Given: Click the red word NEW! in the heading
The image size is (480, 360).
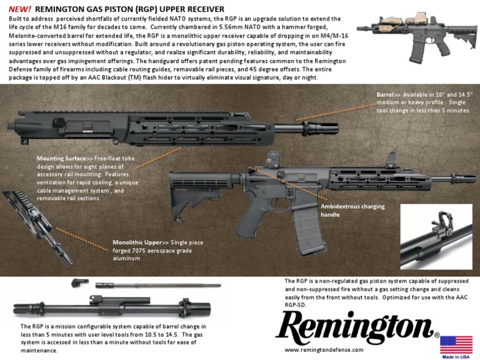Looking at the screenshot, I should click(20, 9).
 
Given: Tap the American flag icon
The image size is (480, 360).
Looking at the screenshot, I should click(456, 345).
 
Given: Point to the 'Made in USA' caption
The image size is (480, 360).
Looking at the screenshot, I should click(456, 357).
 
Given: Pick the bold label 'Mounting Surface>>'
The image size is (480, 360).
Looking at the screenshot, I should click(61, 159).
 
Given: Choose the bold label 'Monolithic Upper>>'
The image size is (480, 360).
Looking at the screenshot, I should click(137, 241).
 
